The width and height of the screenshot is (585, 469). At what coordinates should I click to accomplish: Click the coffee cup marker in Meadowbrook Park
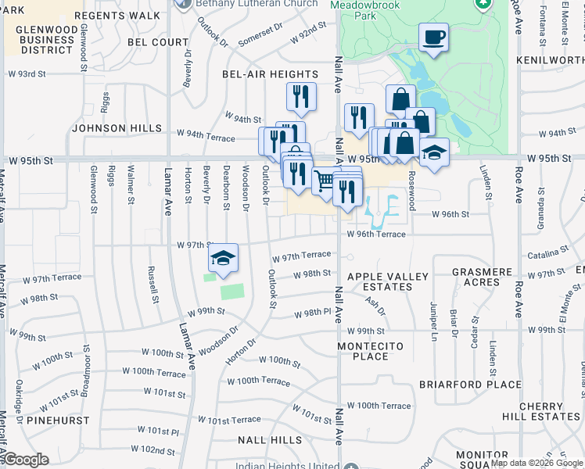tap(433, 38)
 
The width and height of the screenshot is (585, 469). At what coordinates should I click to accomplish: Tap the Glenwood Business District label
tap(36, 40)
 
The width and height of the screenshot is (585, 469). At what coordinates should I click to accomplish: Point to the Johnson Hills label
tap(117, 128)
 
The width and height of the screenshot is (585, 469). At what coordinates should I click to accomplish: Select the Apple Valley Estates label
tap(388, 282)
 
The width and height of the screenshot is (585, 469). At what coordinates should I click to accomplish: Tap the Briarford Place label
tap(470, 385)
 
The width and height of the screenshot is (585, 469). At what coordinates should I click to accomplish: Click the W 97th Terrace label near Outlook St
tap(302, 257)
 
